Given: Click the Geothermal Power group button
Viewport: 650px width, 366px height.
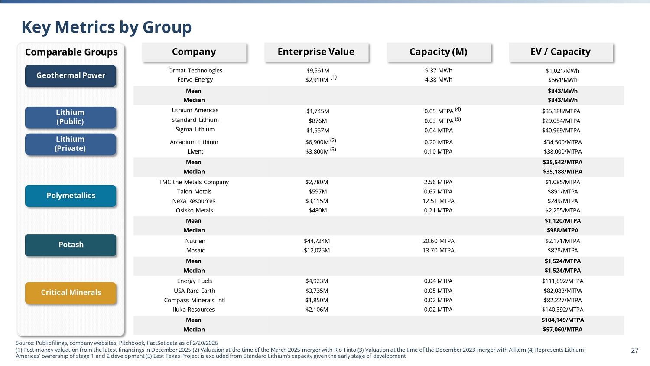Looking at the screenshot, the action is [71, 76].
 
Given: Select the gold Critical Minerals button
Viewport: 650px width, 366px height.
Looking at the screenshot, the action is [71, 293].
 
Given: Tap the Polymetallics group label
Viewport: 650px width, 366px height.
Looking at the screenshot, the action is [71, 196].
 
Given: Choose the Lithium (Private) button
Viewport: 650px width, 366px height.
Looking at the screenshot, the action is [71, 144].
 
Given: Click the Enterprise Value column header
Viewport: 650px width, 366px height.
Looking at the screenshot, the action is [316, 52].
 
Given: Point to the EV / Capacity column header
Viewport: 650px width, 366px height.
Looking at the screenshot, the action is [561, 52].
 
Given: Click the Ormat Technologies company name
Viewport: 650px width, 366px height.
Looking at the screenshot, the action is [195, 71].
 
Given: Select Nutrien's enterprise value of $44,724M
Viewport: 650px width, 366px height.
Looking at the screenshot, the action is [317, 241].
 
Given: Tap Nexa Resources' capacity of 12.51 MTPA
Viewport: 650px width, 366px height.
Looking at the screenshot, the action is [438, 201].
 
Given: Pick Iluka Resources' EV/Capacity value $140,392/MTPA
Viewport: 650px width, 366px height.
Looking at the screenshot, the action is [562, 310].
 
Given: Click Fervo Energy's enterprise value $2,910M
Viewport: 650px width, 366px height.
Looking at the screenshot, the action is [317, 80].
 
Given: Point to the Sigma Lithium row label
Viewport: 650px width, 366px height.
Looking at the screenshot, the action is [195, 130].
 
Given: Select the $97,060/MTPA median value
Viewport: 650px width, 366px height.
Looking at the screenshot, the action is [562, 330].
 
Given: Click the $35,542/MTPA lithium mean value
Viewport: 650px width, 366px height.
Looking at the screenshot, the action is [562, 162].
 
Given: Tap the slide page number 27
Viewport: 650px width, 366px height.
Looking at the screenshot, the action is [635, 350].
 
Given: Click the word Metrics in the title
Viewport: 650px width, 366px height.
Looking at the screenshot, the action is [85, 27].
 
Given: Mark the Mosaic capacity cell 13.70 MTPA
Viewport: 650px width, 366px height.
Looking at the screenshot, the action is [438, 250].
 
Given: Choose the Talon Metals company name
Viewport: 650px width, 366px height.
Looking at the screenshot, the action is [194, 192].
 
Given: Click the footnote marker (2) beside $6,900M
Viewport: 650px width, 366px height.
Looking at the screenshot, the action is [333, 141].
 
